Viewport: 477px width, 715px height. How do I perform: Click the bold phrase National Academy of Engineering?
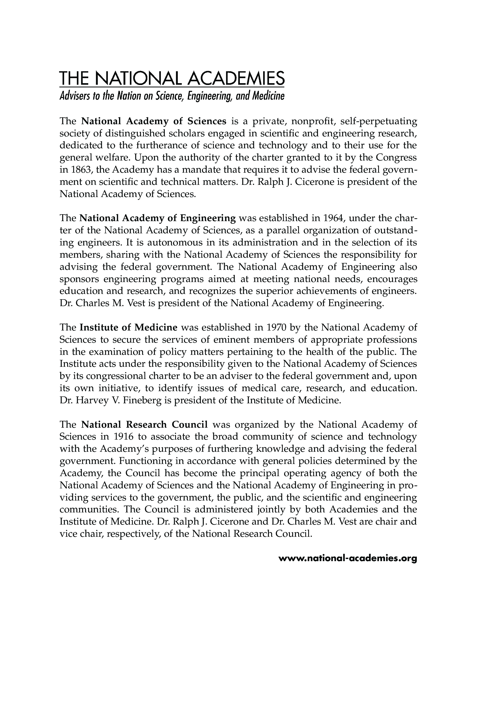pos(158,218)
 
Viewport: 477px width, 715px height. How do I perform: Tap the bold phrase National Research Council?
pos(144,424)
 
